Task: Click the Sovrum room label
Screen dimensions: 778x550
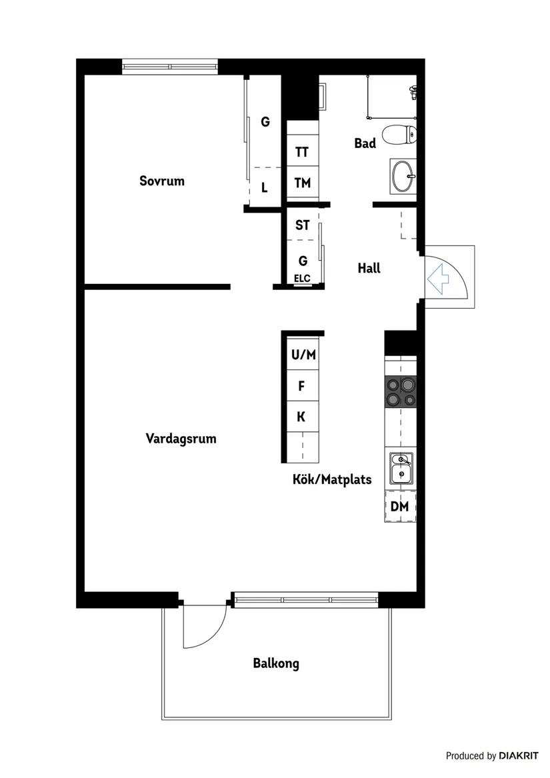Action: click(161, 181)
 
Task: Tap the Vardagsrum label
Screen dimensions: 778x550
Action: click(181, 439)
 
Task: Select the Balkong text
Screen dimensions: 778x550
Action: click(275, 663)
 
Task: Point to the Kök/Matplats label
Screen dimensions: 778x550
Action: click(331, 479)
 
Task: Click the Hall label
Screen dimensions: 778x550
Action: click(369, 268)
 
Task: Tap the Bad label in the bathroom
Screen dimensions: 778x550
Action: click(365, 143)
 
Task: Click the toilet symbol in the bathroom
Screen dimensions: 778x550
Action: click(400, 135)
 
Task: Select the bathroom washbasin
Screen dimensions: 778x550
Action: click(403, 176)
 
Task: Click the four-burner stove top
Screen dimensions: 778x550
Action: click(400, 392)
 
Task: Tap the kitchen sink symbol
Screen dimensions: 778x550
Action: click(401, 469)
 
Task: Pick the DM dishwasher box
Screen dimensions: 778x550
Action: click(400, 507)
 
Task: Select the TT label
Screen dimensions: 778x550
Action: click(302, 152)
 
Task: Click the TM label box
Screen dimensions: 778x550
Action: click(303, 183)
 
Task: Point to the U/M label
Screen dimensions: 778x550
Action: click(303, 355)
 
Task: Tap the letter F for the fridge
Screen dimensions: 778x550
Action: click(301, 385)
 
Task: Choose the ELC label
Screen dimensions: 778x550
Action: click(303, 279)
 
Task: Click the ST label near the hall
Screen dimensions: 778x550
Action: click(303, 225)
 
